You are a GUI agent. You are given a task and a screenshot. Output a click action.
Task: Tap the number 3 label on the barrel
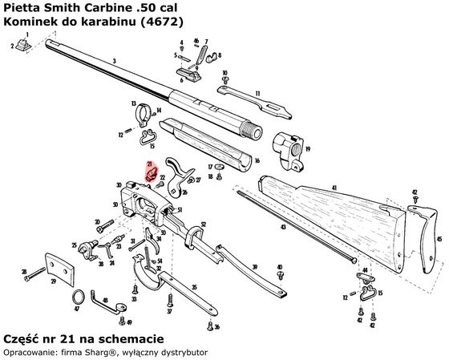[115, 61]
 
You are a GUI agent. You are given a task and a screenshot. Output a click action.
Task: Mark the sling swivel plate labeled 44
[366, 282]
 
